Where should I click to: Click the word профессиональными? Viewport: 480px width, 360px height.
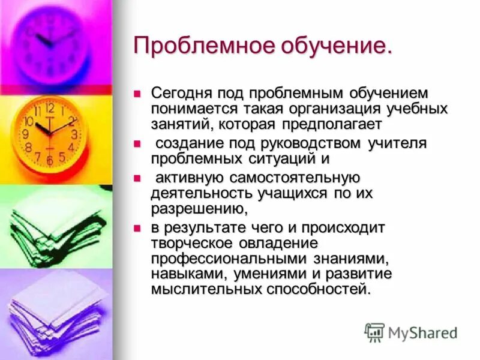coord(229,259)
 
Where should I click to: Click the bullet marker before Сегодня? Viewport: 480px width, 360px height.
coord(137,94)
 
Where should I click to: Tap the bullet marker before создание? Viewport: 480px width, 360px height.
coord(137,144)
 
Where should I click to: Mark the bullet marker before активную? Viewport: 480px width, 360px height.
coord(137,178)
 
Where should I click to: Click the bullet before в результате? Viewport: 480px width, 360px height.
coord(137,228)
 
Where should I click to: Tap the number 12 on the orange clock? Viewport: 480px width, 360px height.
coord(50,109)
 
